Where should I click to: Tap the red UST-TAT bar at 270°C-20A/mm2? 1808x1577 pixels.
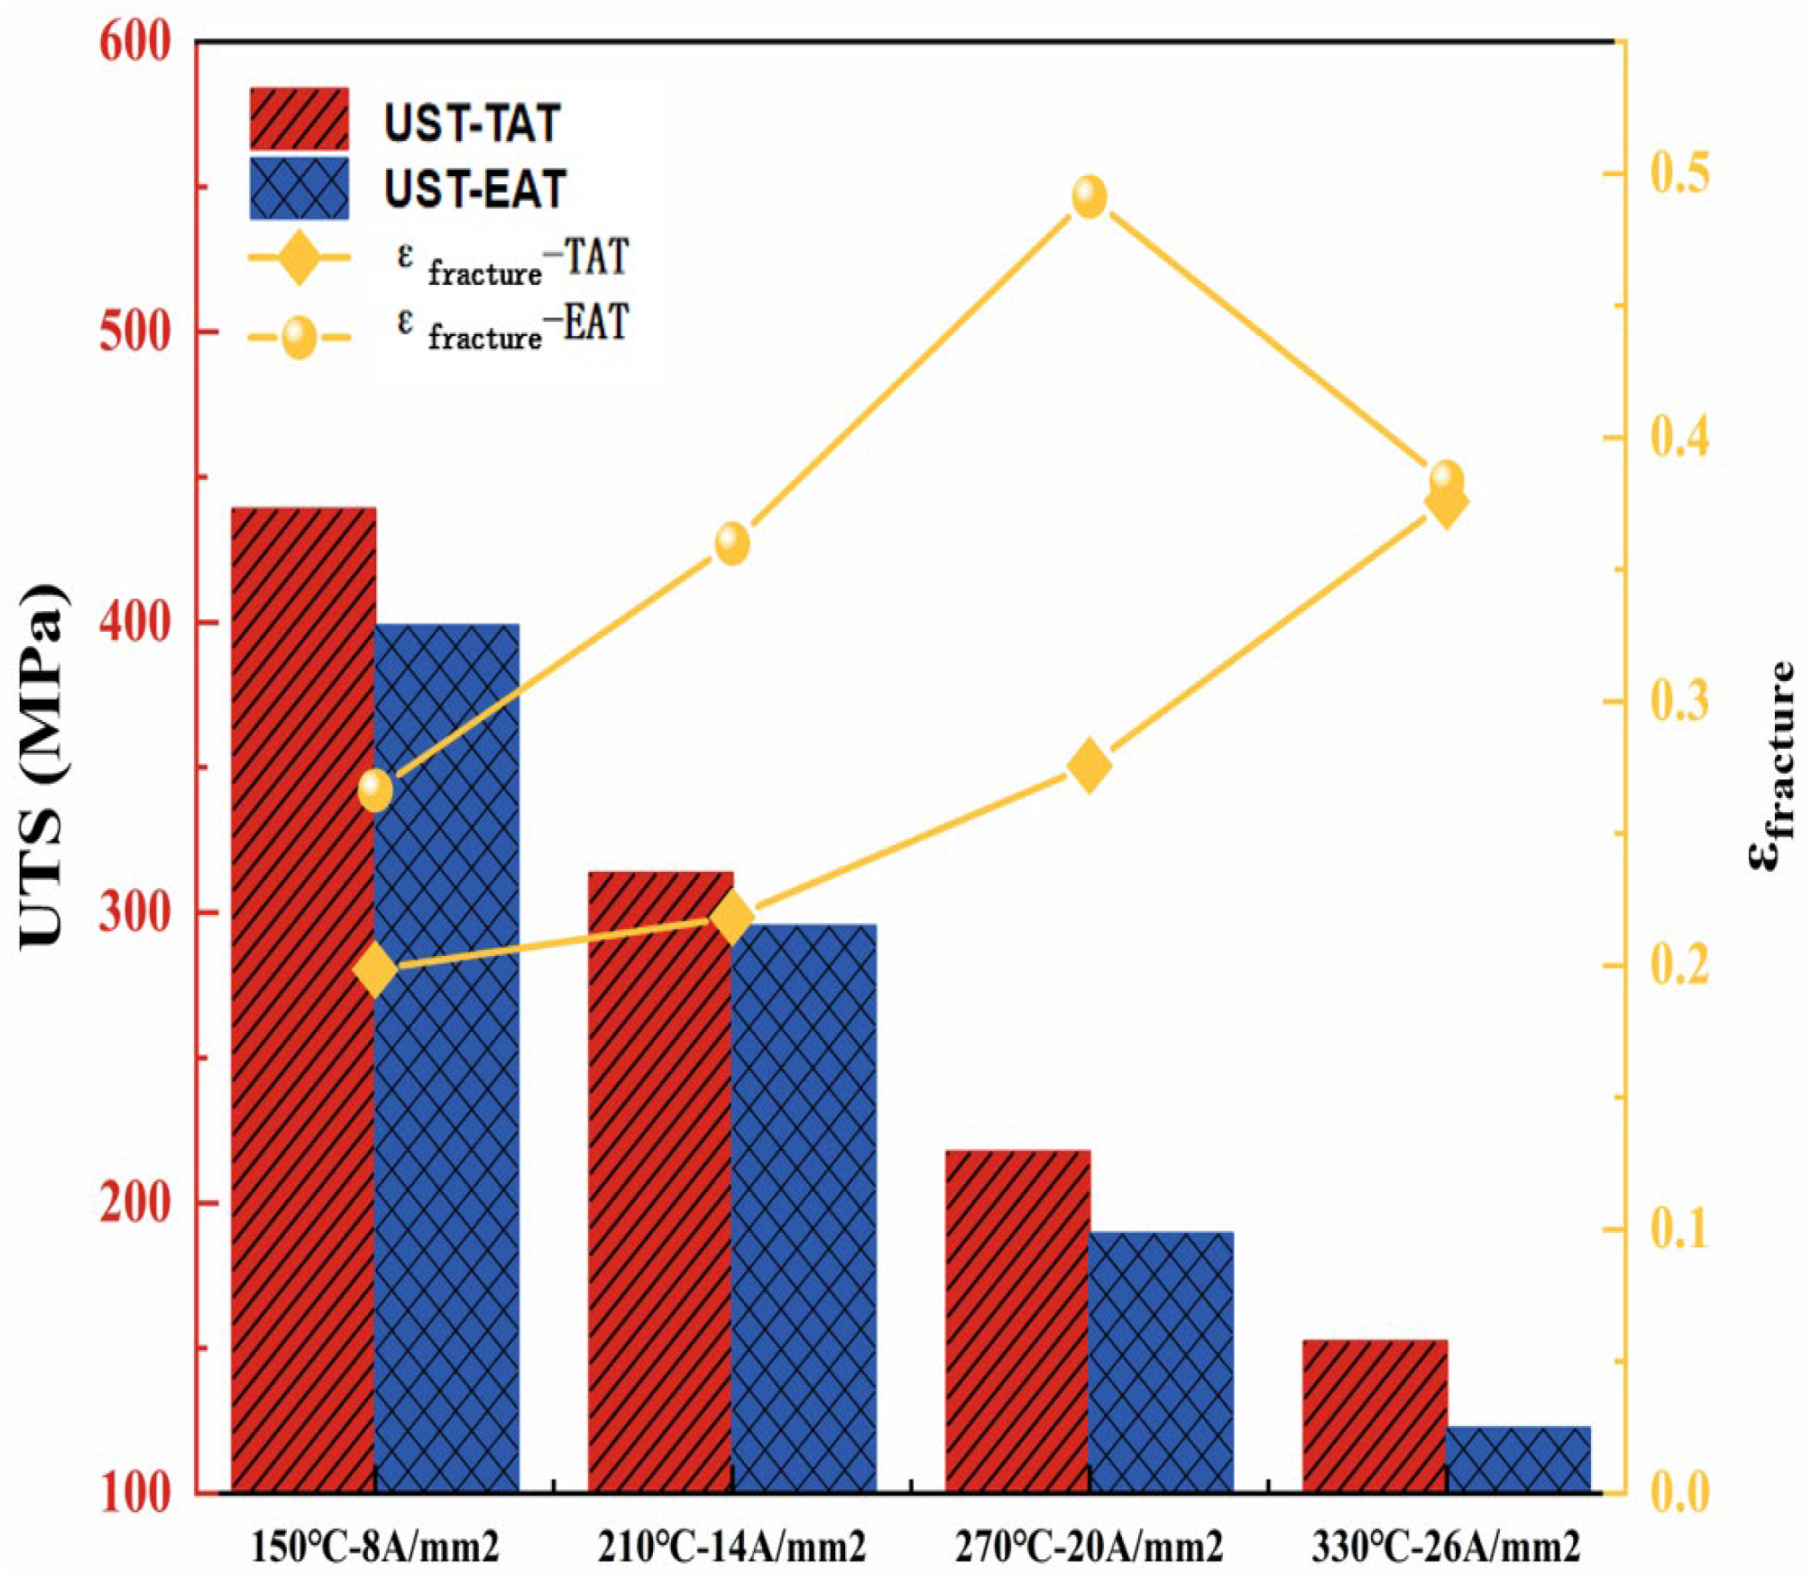coord(1017,1322)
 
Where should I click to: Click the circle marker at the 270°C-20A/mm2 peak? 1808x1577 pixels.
coord(1089,197)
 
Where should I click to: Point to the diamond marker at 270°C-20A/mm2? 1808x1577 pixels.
coord(1089,767)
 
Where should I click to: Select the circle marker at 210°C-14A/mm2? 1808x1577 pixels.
coord(732,543)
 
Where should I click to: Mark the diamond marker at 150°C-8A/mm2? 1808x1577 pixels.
coord(375,969)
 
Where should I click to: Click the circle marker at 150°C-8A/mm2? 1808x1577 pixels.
coord(375,790)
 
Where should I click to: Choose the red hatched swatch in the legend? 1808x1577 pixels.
coord(299,119)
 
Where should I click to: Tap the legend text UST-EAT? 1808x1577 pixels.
coord(474,189)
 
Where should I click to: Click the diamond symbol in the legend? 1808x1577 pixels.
coord(299,257)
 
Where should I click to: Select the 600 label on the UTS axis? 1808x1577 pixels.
coord(134,43)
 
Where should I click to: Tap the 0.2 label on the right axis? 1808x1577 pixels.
coord(1679,967)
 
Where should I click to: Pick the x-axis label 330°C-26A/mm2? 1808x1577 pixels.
coord(1445,1547)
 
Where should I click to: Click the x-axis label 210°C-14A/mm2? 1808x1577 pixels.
coord(732,1547)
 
